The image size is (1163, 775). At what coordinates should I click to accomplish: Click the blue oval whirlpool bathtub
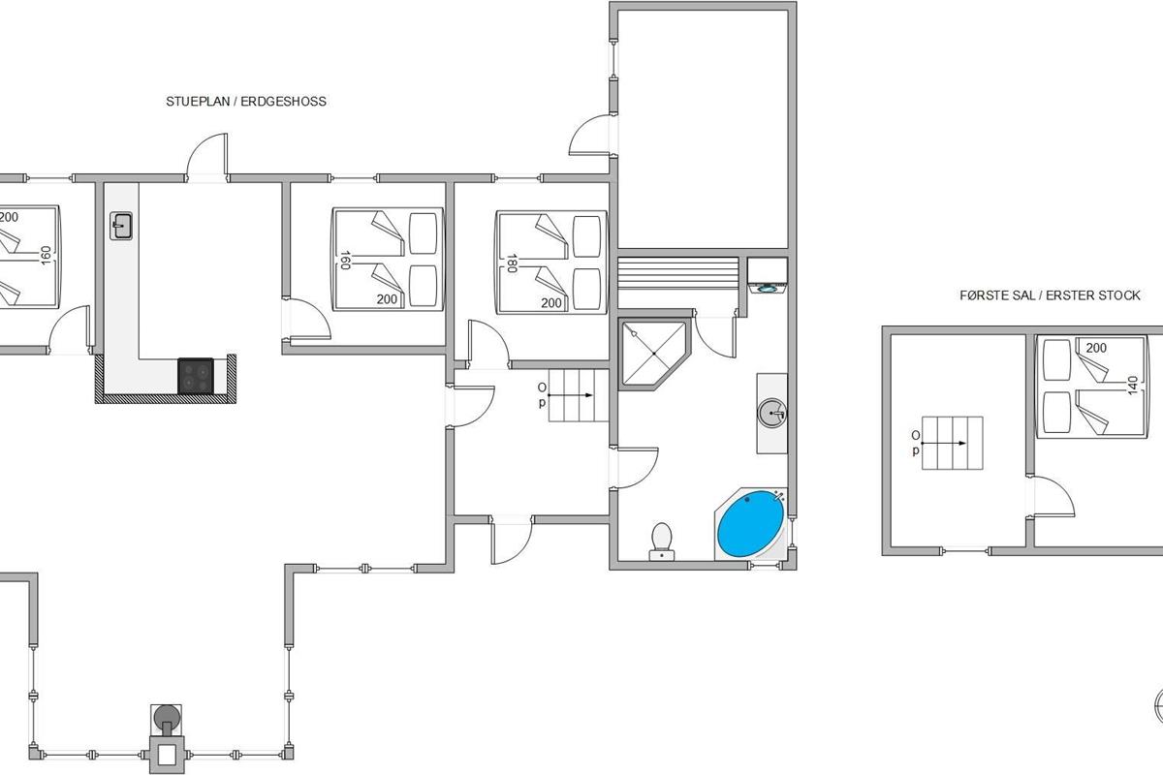coord(750,524)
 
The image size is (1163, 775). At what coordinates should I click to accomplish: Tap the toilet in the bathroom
coord(661,542)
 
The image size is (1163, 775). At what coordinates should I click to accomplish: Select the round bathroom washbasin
coord(772,414)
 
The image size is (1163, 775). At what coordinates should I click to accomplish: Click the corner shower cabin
coord(654,353)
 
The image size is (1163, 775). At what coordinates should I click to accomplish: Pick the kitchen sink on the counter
coord(121,226)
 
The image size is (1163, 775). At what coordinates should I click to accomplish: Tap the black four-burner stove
coord(196,376)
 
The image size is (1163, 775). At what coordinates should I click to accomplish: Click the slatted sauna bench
coord(678,273)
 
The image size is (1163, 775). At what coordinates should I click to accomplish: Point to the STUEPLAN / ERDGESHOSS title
coord(246,101)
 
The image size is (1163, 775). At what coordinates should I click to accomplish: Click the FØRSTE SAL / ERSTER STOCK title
coord(1050,295)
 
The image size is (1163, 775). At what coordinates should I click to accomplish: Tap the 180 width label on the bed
coord(512,263)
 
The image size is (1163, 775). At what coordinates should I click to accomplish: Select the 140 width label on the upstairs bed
coord(1133,386)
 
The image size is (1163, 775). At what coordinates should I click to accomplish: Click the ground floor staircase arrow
coord(571,395)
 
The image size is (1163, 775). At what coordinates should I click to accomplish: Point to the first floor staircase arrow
coord(944,444)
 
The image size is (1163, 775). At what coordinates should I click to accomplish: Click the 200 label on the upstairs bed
coord(1096,348)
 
